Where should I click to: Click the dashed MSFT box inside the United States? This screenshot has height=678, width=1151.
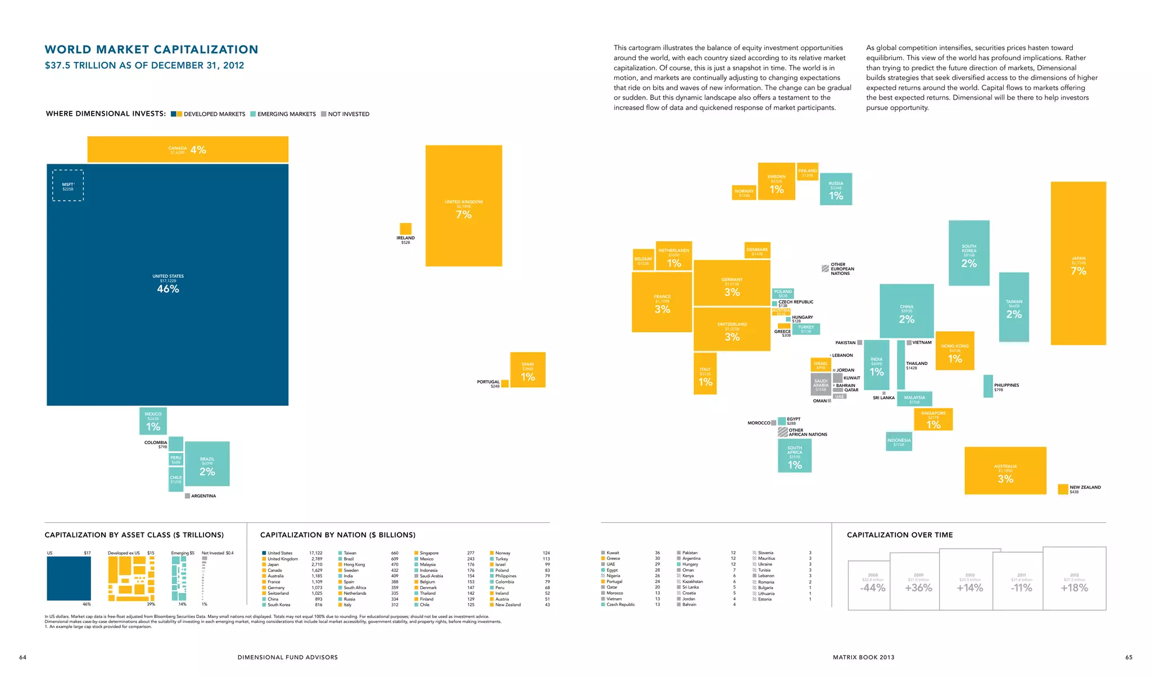pos(68,186)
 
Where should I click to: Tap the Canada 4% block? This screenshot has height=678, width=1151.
pos(187,150)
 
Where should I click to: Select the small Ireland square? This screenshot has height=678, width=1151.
pos(405,229)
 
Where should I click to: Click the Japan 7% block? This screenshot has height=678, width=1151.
pos(1078,263)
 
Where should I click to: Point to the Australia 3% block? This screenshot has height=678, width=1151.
pos(1005,471)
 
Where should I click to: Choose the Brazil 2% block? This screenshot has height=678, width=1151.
pos(207,464)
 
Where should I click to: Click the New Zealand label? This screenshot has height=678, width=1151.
pos(1085,487)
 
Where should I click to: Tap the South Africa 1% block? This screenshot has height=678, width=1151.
pos(794,456)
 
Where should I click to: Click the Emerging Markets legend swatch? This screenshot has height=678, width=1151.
pos(253,114)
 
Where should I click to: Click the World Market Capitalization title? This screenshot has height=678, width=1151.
pos(151,49)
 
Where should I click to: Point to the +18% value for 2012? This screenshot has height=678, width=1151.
pos(1074,588)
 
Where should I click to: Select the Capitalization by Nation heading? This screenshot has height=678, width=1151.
pos(338,535)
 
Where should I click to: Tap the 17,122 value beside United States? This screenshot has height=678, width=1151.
pos(315,553)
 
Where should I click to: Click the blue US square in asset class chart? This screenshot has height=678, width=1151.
pos(69,578)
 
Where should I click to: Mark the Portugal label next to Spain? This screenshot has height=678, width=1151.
pos(488,382)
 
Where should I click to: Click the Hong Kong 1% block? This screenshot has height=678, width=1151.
pos(954,351)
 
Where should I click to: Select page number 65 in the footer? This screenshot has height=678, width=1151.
pos(1129,657)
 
